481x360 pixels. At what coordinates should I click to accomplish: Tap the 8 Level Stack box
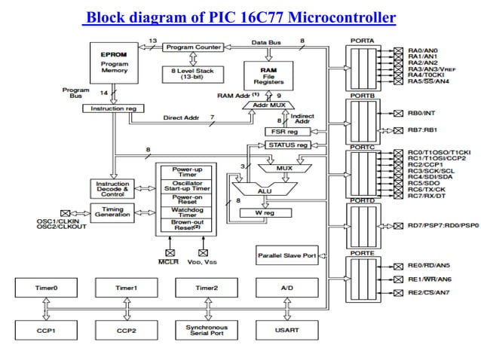click(x=195, y=73)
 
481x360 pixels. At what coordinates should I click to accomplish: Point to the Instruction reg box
click(x=112, y=109)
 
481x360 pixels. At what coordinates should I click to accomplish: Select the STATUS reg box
click(x=288, y=145)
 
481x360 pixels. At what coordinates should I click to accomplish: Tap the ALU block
click(x=265, y=191)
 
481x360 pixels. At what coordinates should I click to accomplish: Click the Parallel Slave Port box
click(x=286, y=255)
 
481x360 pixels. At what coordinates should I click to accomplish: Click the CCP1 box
click(x=44, y=330)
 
